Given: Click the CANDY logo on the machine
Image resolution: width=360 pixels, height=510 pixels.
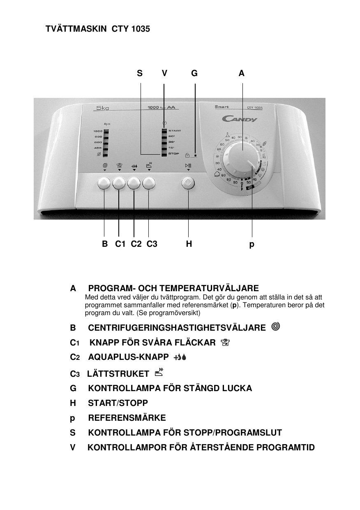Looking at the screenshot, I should click(240, 119).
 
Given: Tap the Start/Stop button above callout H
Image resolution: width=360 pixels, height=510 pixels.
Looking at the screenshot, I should click(188, 183).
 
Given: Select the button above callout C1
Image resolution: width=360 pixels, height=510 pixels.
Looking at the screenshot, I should click(119, 183).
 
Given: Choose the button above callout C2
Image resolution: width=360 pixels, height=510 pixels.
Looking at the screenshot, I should click(134, 183).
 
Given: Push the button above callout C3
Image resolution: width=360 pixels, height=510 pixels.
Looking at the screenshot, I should click(149, 183).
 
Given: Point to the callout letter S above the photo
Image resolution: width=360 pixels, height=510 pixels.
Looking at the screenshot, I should click(140, 74).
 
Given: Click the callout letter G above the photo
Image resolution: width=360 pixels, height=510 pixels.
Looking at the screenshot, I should click(194, 74).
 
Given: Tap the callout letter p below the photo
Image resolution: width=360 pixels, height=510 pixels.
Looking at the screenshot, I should click(252, 245).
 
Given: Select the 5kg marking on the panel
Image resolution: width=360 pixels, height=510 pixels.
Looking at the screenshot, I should click(102, 108).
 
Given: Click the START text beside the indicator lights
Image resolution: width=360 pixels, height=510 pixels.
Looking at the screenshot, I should click(175, 131).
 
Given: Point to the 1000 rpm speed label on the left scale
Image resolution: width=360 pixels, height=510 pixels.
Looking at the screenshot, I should click(97, 131).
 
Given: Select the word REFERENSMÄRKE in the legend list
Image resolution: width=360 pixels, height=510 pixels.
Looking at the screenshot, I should click(127, 418).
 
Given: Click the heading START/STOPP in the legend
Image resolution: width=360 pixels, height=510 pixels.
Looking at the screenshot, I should click(118, 403).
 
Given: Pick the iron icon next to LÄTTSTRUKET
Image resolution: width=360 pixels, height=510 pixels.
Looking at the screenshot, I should click(159, 373).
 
